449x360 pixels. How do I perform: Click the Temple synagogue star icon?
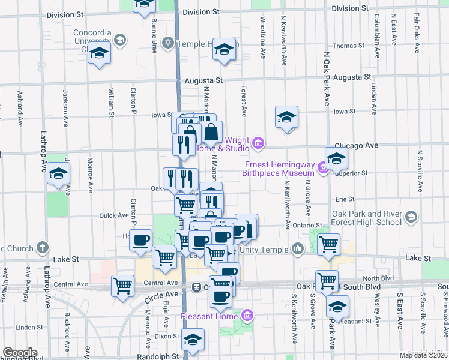[168, 43]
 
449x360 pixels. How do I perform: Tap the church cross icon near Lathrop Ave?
[42, 247]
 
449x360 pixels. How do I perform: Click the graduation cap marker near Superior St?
[337, 158]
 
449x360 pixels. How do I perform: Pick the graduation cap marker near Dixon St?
[193, 340]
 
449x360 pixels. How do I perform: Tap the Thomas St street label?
[345, 46]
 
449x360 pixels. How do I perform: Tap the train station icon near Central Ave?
[196, 287]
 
